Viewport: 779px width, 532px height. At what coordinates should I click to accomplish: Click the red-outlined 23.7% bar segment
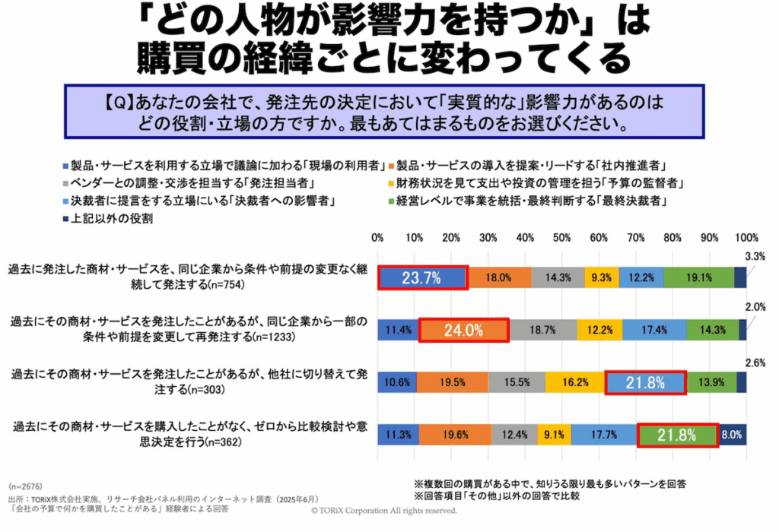(x=423, y=278)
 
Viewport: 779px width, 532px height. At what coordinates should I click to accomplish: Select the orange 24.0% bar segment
(x=463, y=331)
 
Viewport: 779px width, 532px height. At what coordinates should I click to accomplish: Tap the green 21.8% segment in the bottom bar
(x=677, y=435)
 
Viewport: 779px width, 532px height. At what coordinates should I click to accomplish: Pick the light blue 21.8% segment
(x=646, y=383)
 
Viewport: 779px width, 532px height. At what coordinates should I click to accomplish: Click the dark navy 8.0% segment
(x=733, y=435)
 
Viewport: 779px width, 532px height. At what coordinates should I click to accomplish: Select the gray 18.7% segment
(x=543, y=331)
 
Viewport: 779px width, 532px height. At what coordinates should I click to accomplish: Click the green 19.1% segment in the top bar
(x=699, y=278)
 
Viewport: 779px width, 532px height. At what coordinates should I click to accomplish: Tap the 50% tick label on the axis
(x=561, y=238)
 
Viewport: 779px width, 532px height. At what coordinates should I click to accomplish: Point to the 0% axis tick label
(x=378, y=238)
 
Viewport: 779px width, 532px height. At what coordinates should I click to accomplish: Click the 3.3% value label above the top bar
(x=754, y=258)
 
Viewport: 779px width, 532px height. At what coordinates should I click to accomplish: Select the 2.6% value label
(x=754, y=363)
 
